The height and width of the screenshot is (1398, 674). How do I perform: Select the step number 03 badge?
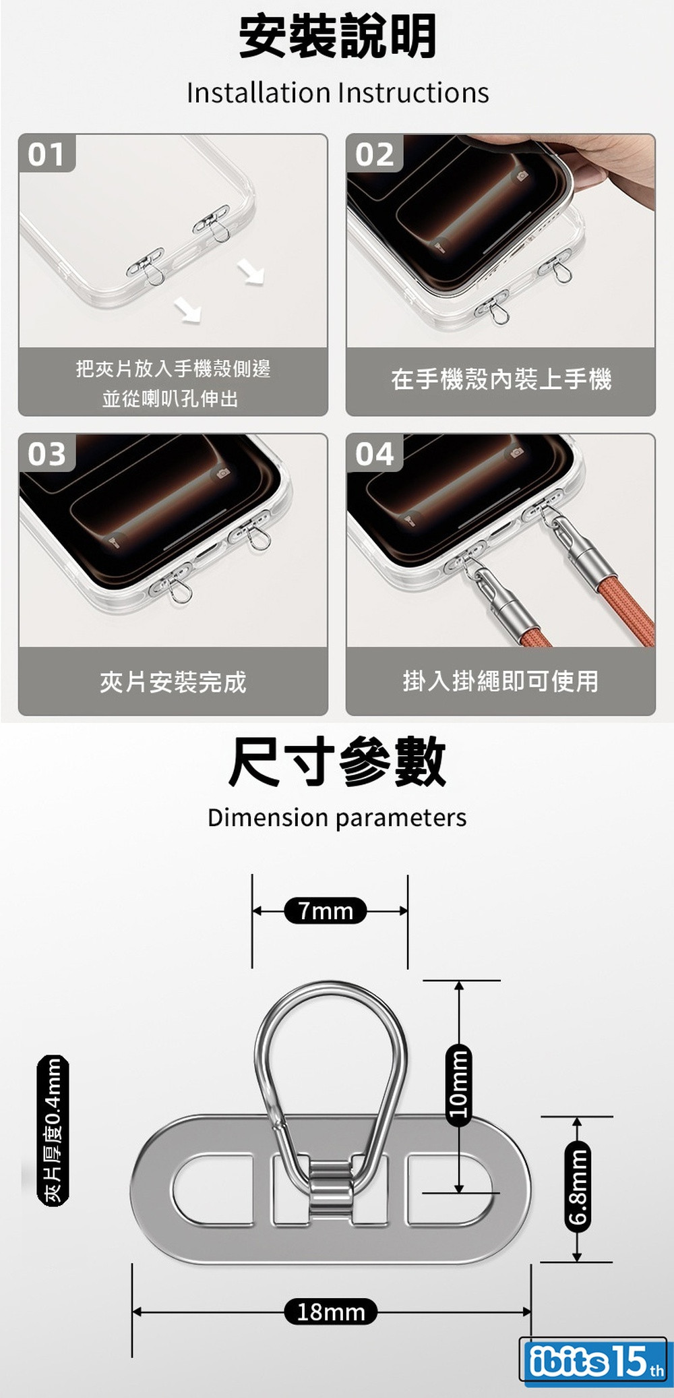tap(47, 453)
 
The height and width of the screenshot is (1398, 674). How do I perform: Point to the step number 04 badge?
tap(375, 453)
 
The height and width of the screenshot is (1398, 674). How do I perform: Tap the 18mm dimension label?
tap(331, 1312)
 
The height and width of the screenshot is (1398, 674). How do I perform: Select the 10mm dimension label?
tap(459, 1085)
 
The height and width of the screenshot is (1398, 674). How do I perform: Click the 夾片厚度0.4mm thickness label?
tap(53, 1130)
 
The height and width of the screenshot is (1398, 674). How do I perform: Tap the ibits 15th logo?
tap(594, 1360)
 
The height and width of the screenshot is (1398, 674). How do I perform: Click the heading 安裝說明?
tap(338, 36)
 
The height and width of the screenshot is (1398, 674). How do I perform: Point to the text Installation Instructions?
tap(338, 93)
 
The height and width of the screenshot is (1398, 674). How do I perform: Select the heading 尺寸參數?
tap(338, 761)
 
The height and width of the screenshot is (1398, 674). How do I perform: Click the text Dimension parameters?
tap(337, 818)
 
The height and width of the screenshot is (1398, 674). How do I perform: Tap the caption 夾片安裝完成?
tap(173, 682)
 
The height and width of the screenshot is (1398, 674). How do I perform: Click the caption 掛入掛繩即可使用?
tap(501, 680)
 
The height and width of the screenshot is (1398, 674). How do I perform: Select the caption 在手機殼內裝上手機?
tap(501, 379)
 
